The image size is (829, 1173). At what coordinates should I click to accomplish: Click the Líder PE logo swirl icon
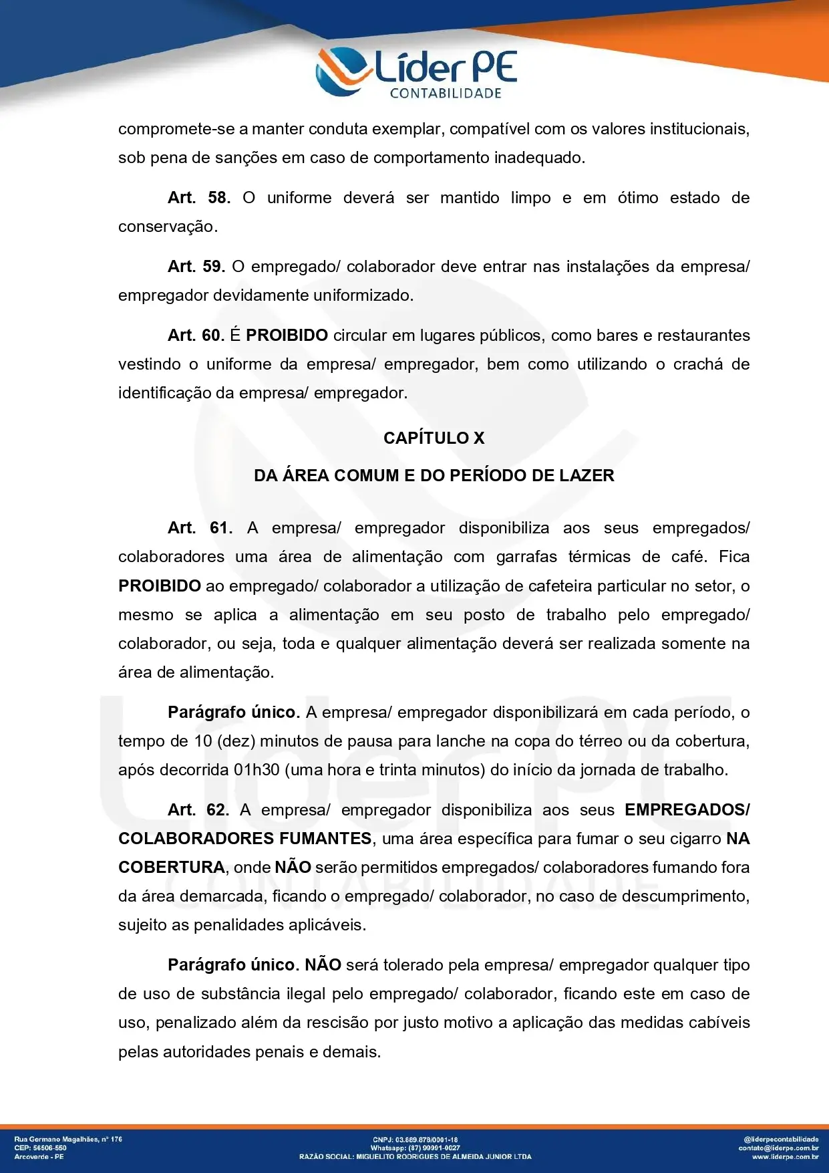342,71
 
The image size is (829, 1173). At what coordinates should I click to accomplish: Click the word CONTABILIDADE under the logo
446,94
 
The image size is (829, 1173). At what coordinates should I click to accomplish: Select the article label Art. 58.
199,198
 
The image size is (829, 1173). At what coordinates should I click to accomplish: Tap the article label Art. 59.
196,267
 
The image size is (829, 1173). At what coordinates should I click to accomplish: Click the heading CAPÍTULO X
434,438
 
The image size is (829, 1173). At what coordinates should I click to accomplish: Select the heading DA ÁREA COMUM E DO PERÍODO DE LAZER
434,476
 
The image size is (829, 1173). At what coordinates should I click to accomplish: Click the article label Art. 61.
200,528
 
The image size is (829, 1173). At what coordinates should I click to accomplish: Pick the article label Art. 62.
198,810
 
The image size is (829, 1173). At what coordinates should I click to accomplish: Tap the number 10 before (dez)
203,741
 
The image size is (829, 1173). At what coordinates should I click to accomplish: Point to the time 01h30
257,770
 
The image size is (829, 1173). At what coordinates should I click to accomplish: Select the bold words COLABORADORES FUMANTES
245,839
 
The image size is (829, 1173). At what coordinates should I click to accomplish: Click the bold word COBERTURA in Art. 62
172,868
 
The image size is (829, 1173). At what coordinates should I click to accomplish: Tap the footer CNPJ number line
415,1140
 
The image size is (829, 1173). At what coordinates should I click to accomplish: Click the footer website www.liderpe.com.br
785,1156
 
